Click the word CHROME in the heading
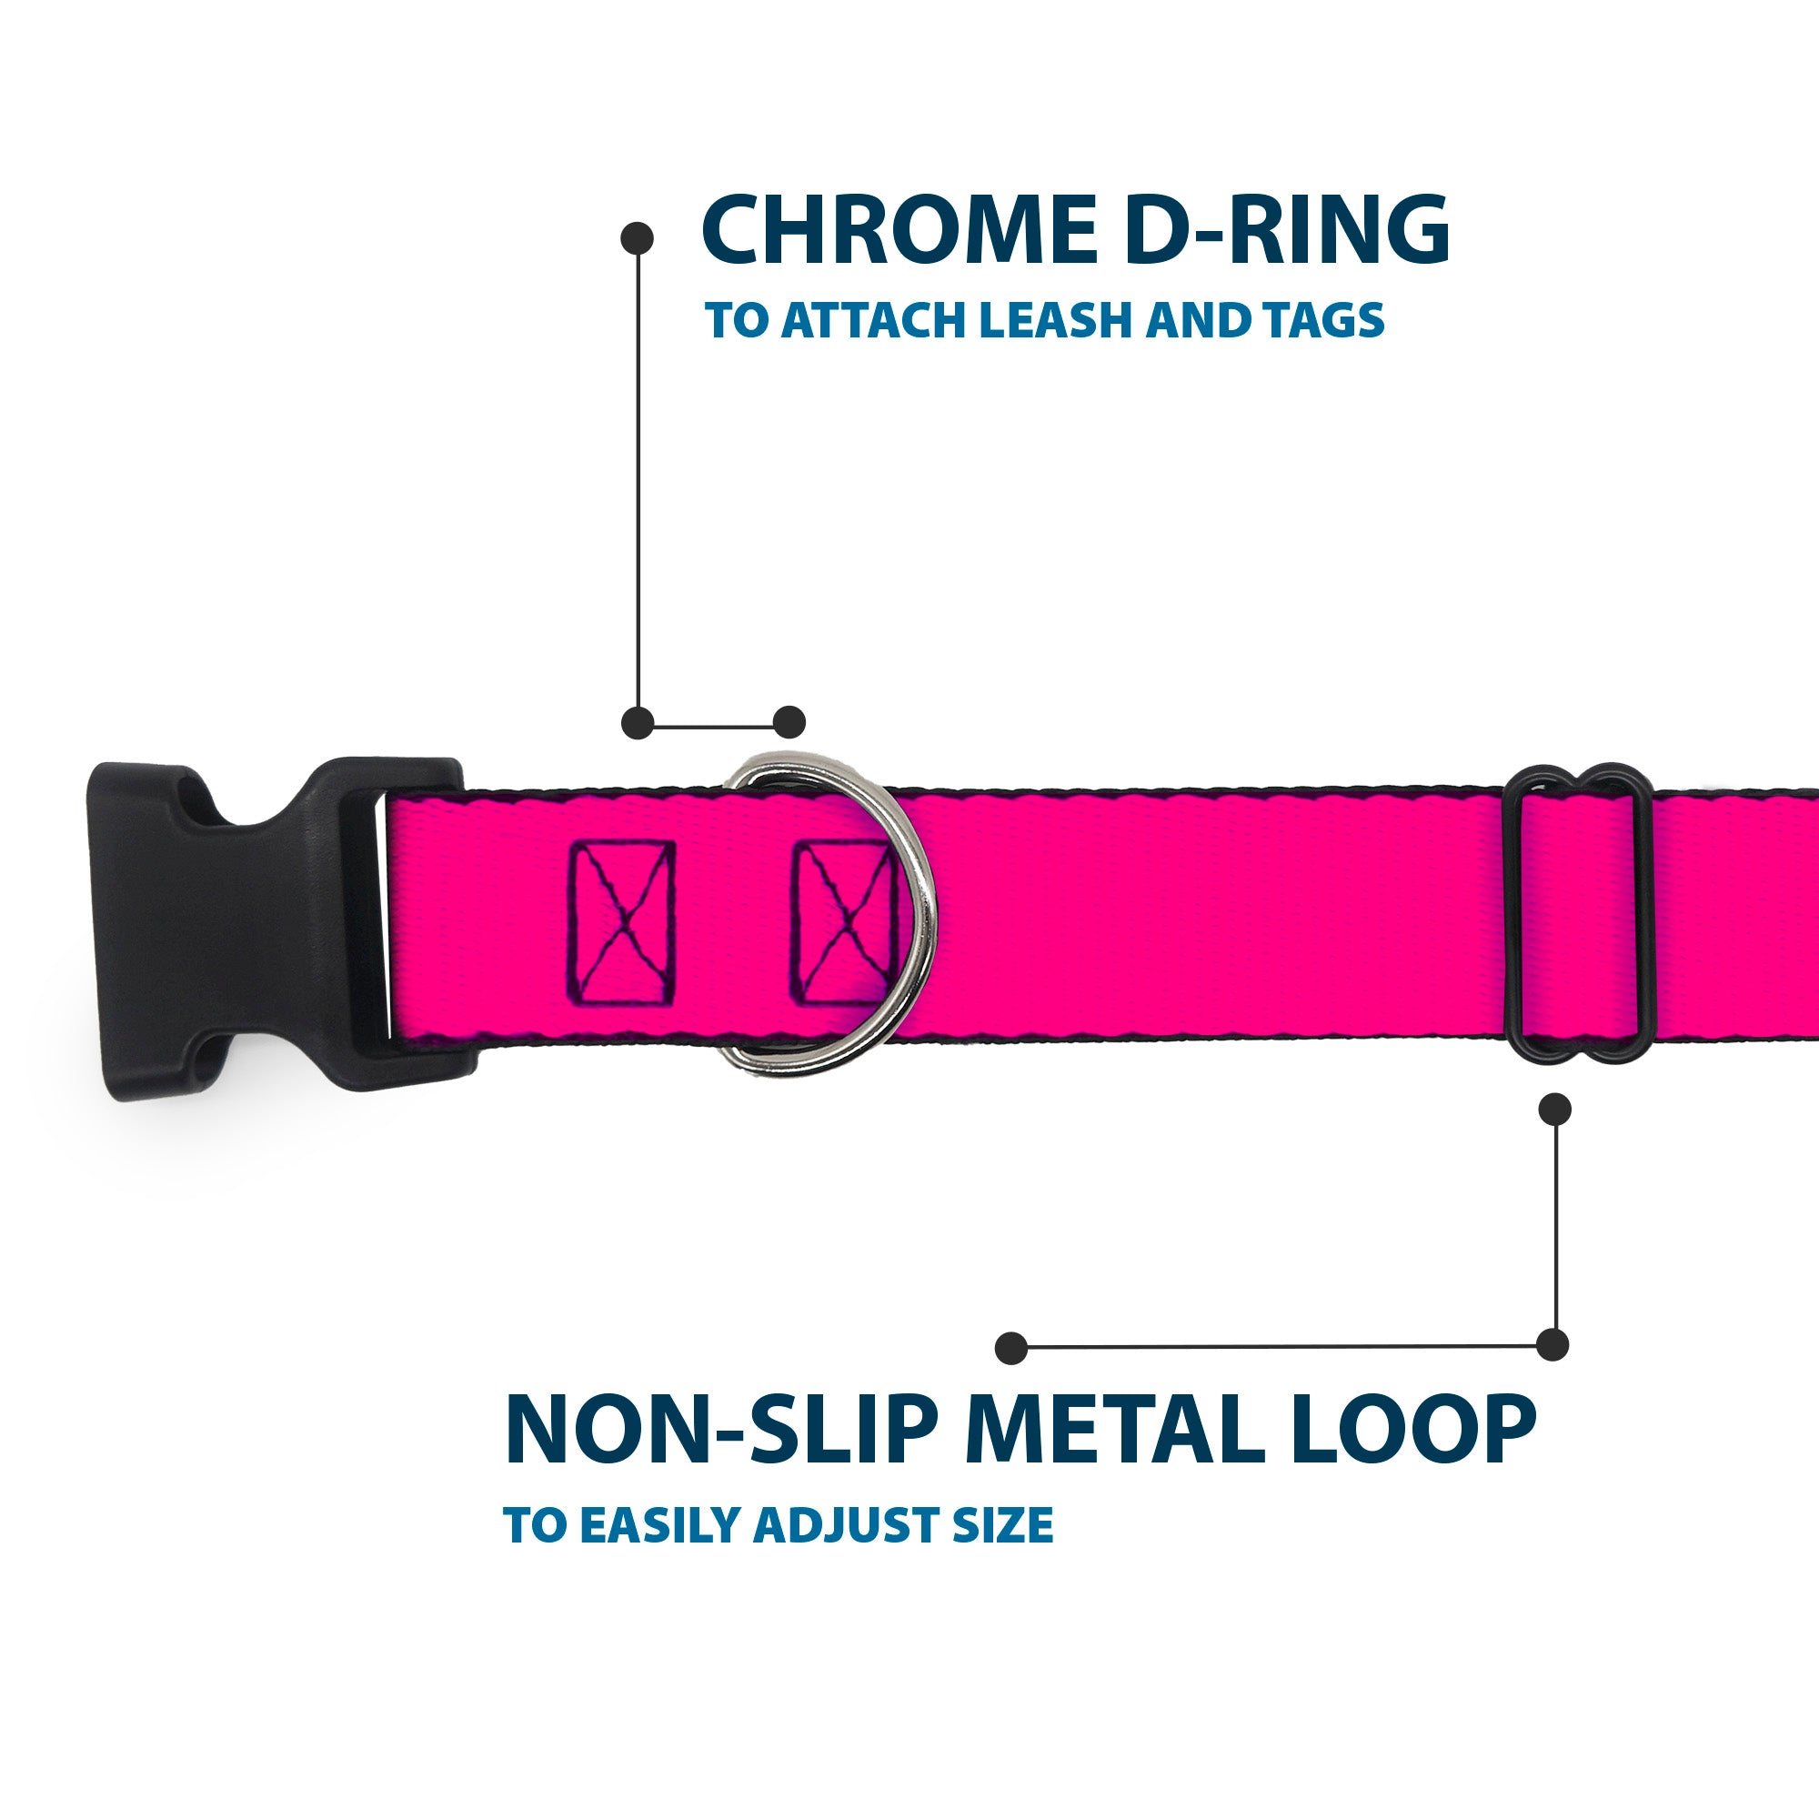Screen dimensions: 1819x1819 pyautogui.click(x=900, y=230)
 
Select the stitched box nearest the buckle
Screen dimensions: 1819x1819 pyautogui.click(x=622, y=921)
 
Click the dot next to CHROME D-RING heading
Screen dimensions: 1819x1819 pyautogui.click(x=638, y=237)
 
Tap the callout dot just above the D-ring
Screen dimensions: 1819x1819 pyautogui.click(x=789, y=722)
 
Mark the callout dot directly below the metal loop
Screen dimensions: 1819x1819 pyautogui.click(x=1554, y=1108)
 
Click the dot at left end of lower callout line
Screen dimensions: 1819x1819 pyautogui.click(x=1011, y=1347)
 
